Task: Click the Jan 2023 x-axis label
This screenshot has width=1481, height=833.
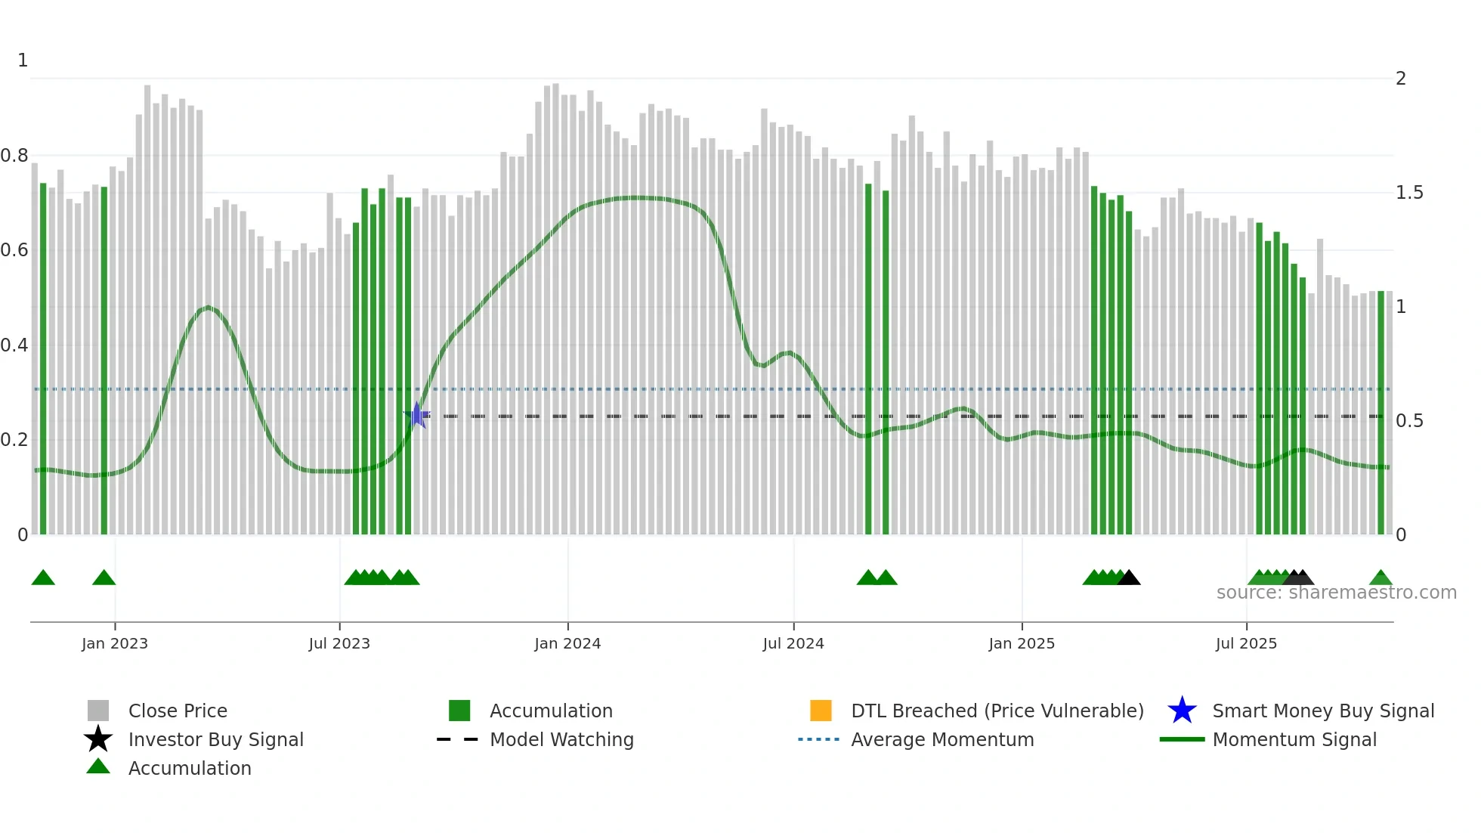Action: click(x=115, y=643)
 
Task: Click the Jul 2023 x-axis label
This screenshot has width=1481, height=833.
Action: click(x=339, y=643)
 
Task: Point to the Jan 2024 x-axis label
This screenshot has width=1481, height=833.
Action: click(x=567, y=643)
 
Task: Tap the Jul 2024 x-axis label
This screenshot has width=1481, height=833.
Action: click(x=793, y=643)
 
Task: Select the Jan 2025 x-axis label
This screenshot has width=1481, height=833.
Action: click(x=1022, y=643)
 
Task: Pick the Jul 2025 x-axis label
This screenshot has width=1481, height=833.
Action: click(x=1246, y=643)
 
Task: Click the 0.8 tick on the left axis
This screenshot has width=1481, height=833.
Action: click(x=14, y=156)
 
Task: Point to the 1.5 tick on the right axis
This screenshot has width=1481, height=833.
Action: click(x=1409, y=193)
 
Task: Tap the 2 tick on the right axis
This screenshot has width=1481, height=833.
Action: click(x=1401, y=79)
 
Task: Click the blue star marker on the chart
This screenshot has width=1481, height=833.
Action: click(x=416, y=415)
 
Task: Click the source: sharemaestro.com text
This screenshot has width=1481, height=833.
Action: click(x=1336, y=593)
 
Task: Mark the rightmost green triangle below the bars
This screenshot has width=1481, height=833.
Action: click(x=1381, y=578)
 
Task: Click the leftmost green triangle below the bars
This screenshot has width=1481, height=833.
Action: click(x=43, y=578)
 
